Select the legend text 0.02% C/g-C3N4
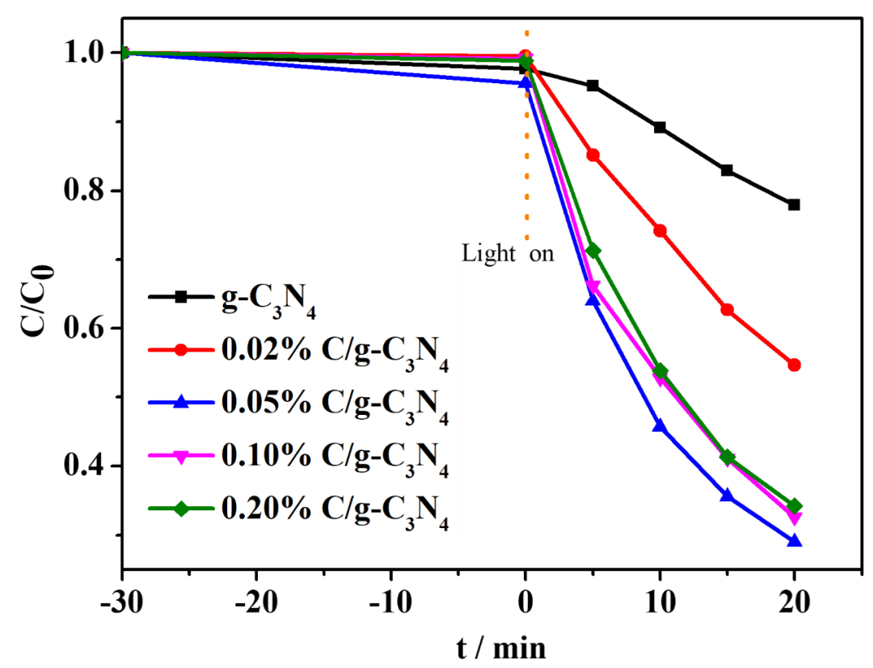[x=334, y=350]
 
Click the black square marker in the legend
[x=181, y=297]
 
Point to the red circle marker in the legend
[x=181, y=349]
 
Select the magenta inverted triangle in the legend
[x=181, y=456]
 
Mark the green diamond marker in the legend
[x=181, y=509]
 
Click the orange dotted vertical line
[x=526, y=162]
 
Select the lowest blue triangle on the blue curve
[x=794, y=540]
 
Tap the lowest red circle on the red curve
[x=794, y=365]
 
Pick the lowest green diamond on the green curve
[x=794, y=506]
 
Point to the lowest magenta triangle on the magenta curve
[x=794, y=518]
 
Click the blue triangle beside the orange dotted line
[x=525, y=82]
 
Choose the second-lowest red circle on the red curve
[x=727, y=309]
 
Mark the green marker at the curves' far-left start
[x=125, y=53]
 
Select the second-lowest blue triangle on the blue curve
[x=727, y=495]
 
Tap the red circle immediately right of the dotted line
[x=593, y=154]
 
